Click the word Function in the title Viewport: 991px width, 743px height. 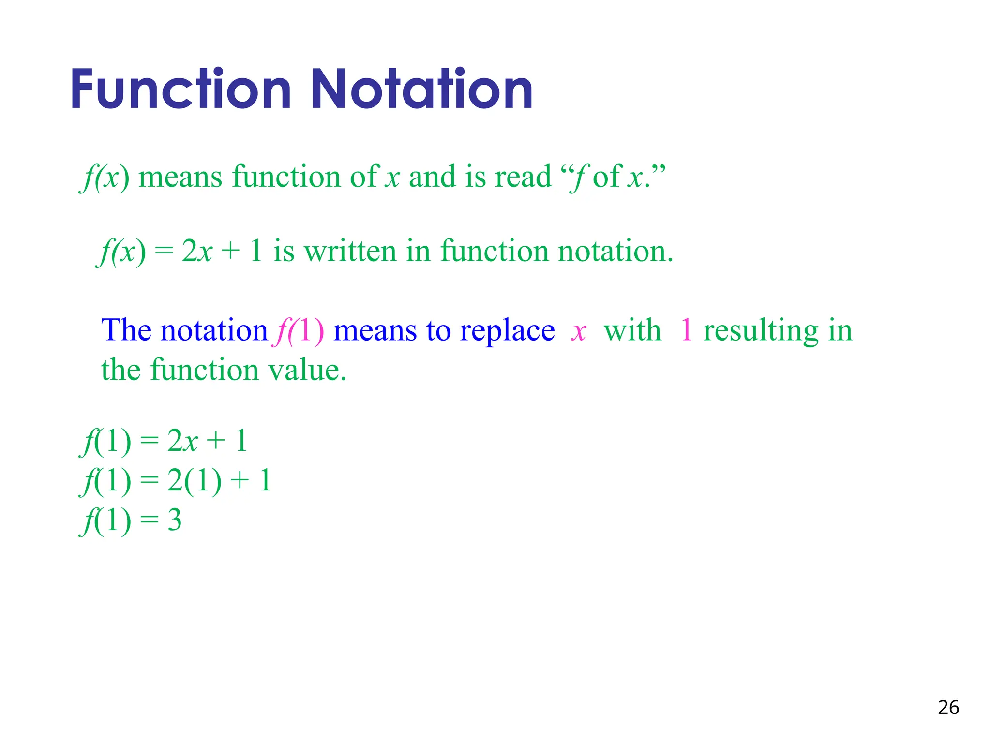pyautogui.click(x=181, y=89)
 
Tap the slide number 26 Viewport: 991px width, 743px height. pyautogui.click(x=948, y=707)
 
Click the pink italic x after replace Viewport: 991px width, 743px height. pyautogui.click(x=579, y=332)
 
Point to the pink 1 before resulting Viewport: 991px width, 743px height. pyautogui.click(x=686, y=331)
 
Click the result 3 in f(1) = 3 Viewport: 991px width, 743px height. pyautogui.click(x=174, y=520)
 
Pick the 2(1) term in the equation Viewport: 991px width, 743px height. pyautogui.click(x=194, y=481)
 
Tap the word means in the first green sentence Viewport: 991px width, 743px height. pyautogui.click(x=180, y=178)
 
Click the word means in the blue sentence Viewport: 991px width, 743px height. pyautogui.click(x=375, y=332)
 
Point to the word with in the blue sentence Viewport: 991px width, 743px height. pyautogui.click(x=632, y=331)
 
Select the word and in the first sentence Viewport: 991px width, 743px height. pyautogui.click(x=433, y=177)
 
